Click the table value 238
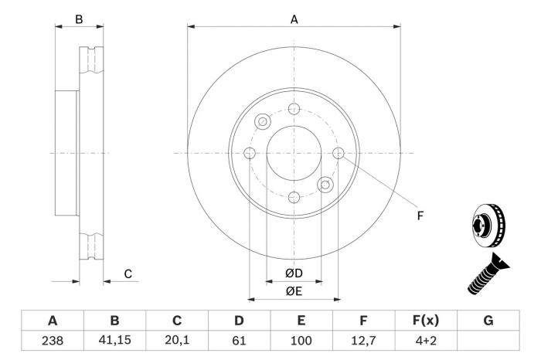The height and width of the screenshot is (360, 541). (53, 341)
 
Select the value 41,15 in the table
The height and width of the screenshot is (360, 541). (114, 341)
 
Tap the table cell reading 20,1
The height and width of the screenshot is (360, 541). (177, 341)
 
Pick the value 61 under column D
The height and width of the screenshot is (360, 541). (239, 341)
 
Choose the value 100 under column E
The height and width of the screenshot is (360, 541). (301, 341)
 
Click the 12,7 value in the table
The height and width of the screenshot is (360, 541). (363, 341)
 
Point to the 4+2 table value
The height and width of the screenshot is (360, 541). (426, 341)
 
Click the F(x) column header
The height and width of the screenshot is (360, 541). (426, 321)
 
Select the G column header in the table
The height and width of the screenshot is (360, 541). (488, 321)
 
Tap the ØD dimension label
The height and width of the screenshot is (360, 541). (294, 273)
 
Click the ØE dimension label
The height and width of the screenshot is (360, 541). (294, 291)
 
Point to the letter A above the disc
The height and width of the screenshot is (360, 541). (294, 19)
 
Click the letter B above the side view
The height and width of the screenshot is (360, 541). (79, 19)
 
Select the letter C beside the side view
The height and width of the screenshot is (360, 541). (128, 274)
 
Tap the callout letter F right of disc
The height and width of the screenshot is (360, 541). (420, 216)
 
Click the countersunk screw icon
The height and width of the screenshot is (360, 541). (488, 273)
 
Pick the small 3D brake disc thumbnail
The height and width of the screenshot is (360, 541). (488, 225)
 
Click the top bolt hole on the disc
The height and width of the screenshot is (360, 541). (294, 109)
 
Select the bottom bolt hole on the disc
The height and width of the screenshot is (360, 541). (294, 198)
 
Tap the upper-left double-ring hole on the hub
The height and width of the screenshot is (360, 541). (263, 121)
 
